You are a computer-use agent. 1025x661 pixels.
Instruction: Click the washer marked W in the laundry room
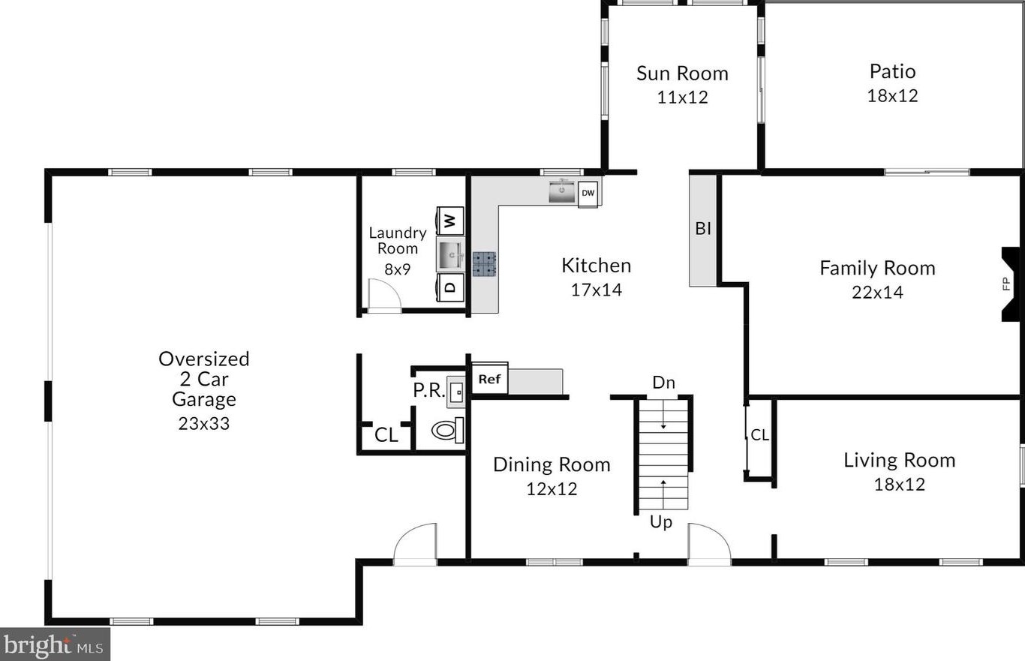coord(450,221)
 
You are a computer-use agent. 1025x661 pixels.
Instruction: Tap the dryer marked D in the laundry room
coord(450,287)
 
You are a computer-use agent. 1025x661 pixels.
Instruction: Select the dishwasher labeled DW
coord(588,193)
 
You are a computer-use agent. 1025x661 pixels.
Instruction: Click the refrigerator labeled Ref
coord(490,378)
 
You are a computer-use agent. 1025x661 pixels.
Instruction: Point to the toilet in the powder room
coord(447,430)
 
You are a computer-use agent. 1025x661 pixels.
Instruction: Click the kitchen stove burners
coord(484,264)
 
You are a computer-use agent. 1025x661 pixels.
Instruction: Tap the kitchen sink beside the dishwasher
coord(562,192)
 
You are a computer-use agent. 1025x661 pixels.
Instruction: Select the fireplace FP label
coord(1006,284)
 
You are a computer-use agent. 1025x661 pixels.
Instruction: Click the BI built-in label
coord(703,228)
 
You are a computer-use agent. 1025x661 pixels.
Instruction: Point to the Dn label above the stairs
coord(663,383)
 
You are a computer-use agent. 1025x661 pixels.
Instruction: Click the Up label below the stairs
coord(661,521)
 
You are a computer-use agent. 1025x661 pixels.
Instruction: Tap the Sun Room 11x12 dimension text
coord(682,97)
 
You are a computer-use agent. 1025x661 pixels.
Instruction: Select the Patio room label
coord(892,71)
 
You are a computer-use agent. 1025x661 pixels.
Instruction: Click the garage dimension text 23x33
coord(203,424)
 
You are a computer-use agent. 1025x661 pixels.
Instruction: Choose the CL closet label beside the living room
coord(760,434)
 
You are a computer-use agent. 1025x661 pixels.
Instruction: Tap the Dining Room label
coord(552,464)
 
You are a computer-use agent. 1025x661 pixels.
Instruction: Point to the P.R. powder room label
coord(428,390)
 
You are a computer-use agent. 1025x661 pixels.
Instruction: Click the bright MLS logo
coord(55,644)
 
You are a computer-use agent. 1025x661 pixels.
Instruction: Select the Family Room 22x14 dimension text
coord(877,293)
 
